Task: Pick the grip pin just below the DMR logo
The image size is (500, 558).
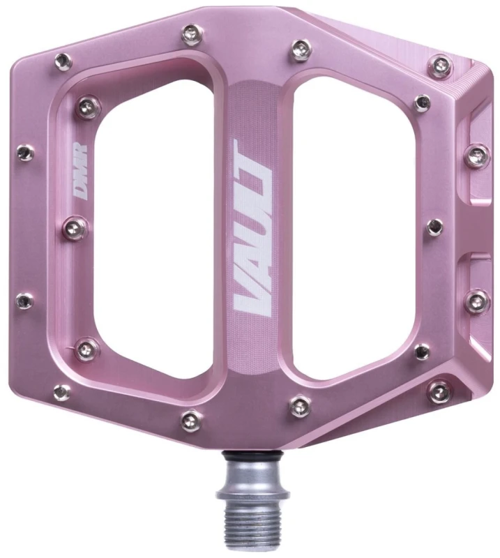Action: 77,226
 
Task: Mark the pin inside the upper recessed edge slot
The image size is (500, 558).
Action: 478,156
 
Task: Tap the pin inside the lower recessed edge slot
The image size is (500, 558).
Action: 478,301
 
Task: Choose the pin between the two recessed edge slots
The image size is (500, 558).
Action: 434,227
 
